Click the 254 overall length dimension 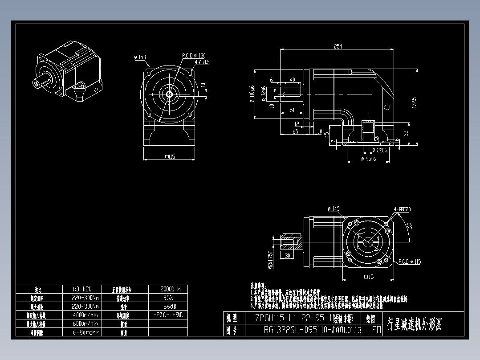tap(338, 46)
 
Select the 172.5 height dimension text tap(414, 103)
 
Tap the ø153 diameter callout tap(140, 57)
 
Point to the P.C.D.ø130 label tap(194, 56)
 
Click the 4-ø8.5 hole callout tap(201, 62)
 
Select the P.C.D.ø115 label tap(409, 262)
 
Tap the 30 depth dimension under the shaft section tap(288, 256)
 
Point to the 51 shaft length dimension tap(292, 110)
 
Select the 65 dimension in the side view tap(295, 132)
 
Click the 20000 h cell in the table tap(168, 289)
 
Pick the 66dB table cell tap(168, 307)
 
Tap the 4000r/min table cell tap(85, 315)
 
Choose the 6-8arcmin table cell tap(85, 332)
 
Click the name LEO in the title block tap(374, 330)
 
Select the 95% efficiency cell tap(168, 298)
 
